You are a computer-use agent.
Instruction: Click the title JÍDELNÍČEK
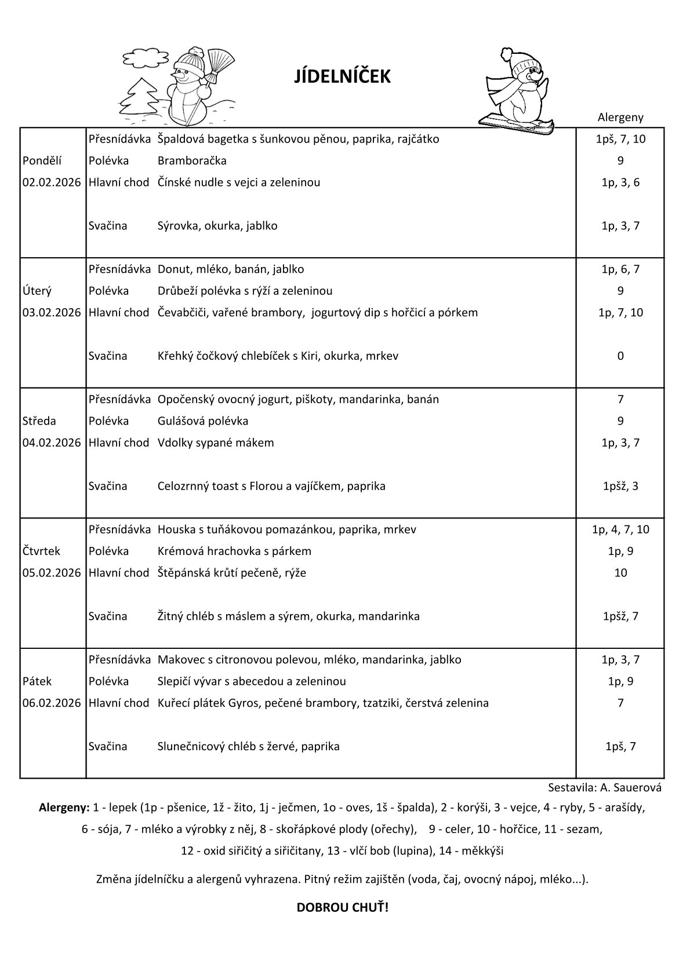343,76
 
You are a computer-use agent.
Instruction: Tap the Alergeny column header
620,118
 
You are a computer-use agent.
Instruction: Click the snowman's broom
216,63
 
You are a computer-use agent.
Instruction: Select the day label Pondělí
42,160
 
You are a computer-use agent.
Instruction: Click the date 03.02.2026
52,312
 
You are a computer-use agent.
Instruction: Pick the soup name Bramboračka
192,160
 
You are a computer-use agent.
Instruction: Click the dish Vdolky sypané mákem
216,443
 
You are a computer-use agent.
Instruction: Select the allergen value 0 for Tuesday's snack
620,356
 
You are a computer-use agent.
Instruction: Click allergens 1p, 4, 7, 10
620,529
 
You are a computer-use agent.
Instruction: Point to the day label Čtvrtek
41,551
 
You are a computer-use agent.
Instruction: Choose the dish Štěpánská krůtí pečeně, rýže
232,573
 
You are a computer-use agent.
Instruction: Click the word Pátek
38,681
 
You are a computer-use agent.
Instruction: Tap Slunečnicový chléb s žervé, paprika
249,746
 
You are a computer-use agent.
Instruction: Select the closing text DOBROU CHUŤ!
343,907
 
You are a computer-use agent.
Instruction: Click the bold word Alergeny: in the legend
64,807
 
